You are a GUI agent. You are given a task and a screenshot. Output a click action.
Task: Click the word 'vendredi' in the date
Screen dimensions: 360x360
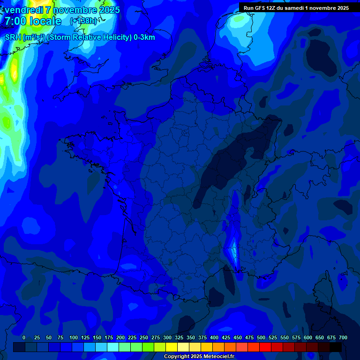click(23, 10)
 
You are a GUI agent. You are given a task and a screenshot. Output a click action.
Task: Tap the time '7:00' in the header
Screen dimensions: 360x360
click(16, 21)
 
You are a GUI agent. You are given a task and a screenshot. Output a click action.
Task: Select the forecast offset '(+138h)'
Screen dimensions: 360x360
click(83, 21)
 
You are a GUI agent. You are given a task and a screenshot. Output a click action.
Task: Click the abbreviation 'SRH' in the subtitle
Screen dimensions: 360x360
click(13, 37)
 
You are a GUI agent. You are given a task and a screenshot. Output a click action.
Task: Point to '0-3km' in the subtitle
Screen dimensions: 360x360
click(144, 37)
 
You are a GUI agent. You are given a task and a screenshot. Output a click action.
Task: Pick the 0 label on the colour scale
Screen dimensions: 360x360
click(24, 337)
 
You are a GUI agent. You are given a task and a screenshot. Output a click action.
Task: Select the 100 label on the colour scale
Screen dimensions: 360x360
click(73, 337)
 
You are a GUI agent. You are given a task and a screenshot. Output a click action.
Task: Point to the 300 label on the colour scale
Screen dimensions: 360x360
click(167, 337)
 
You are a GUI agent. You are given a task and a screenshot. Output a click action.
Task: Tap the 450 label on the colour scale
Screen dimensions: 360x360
click(238, 337)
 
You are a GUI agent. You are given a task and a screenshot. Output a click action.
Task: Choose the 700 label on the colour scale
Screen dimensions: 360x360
click(343, 337)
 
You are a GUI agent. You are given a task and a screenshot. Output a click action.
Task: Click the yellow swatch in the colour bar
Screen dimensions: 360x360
click(172, 347)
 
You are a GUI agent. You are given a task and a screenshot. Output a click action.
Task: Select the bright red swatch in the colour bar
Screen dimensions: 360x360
click(265, 347)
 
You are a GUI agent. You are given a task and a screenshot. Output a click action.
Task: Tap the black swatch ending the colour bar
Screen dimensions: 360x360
click(336, 347)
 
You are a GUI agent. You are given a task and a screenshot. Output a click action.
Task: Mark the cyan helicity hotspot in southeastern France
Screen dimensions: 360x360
click(233, 251)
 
